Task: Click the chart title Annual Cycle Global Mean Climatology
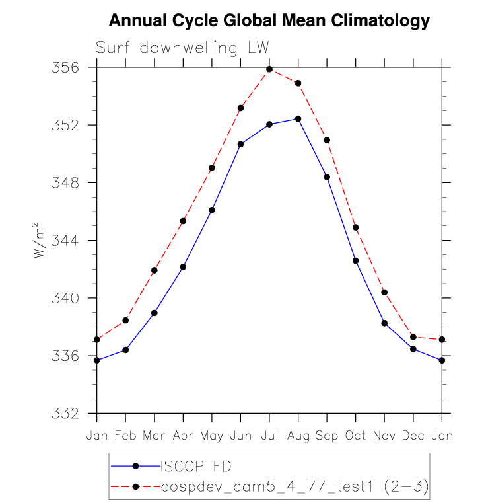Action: (269, 20)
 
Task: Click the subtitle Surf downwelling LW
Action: (183, 48)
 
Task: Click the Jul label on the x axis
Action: (269, 435)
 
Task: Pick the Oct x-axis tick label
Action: (356, 435)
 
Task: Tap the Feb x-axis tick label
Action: (125, 435)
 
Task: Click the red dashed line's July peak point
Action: (269, 69)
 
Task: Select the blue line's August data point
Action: (298, 119)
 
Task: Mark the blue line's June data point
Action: (241, 144)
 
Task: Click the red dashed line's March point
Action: (155, 270)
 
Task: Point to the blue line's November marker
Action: (384, 323)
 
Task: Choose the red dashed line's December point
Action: (413, 337)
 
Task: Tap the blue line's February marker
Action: (125, 350)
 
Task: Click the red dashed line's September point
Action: (327, 140)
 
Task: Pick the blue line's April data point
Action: (183, 267)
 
